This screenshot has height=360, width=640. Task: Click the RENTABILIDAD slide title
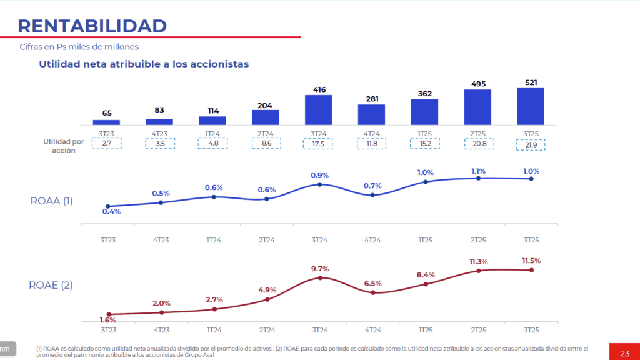(92, 26)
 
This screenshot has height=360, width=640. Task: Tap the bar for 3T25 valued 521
(531, 106)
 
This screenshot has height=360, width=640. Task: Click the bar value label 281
(372, 99)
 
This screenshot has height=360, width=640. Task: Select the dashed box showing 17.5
(319, 143)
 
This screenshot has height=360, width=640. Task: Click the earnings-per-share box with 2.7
(107, 143)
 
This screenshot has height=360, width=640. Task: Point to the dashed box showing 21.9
(531, 145)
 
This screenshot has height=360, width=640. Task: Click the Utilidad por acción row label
(64, 146)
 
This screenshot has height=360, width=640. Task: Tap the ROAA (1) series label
(52, 201)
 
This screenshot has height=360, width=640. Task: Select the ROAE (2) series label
(51, 285)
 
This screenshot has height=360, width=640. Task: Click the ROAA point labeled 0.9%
(319, 184)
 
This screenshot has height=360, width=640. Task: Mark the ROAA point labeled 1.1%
(478, 178)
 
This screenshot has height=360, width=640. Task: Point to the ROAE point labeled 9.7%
(319, 277)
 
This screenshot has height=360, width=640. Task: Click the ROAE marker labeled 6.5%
(372, 292)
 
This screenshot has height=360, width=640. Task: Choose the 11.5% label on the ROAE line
(531, 261)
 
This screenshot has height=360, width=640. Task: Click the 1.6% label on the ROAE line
(107, 320)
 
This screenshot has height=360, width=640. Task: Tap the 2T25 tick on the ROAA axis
(478, 239)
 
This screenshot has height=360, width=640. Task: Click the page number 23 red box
(624, 353)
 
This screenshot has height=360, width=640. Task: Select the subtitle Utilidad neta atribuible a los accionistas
(144, 64)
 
